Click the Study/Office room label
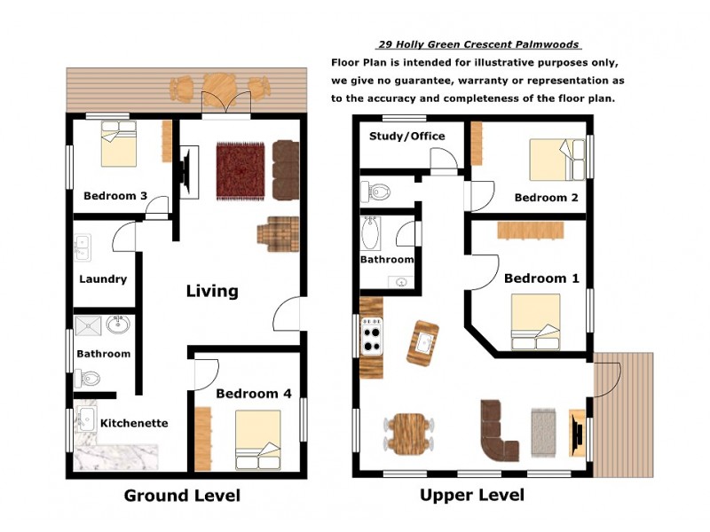click(406, 137)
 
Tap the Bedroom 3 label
click(115, 196)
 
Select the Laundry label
click(103, 279)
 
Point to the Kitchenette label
click(134, 423)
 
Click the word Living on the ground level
click(212, 291)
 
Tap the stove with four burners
click(372, 336)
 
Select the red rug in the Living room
click(240, 171)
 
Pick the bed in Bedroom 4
click(257, 440)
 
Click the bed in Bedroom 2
click(557, 160)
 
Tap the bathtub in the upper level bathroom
click(371, 233)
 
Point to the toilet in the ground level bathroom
click(88, 379)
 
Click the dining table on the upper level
click(409, 434)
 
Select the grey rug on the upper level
click(543, 432)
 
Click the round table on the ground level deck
click(218, 87)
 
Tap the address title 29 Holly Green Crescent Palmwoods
click(478, 44)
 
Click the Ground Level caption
click(182, 496)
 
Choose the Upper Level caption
click(472, 495)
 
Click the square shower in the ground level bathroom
click(88, 325)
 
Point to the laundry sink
click(83, 247)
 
